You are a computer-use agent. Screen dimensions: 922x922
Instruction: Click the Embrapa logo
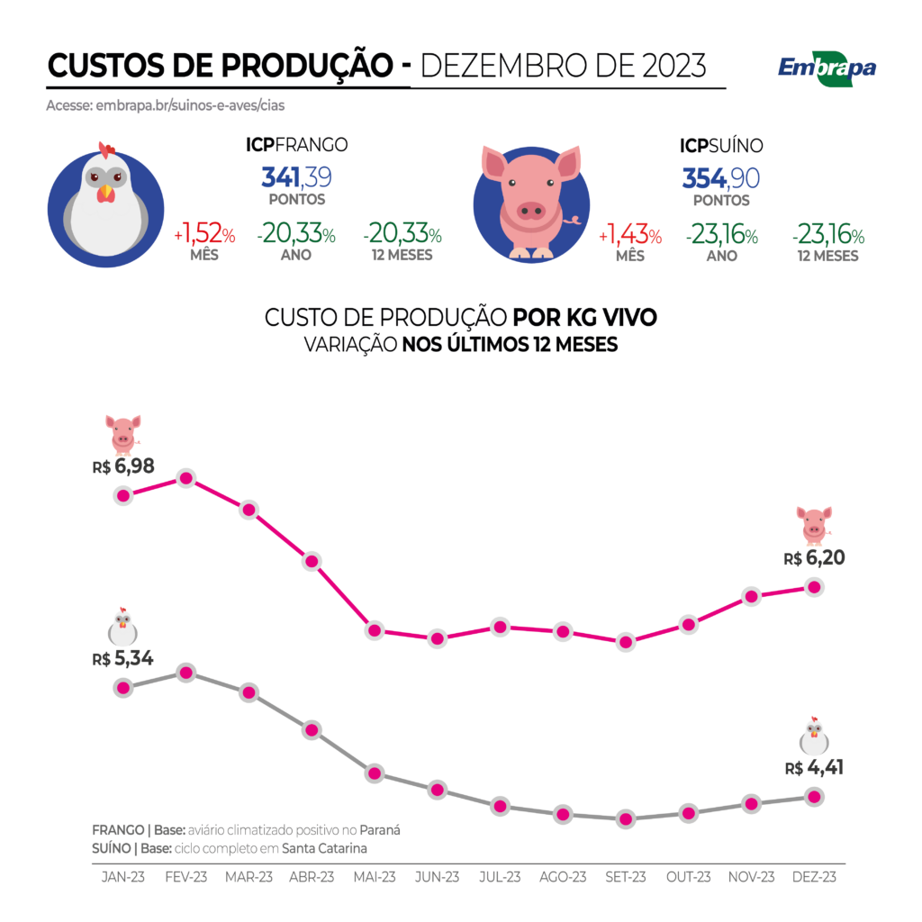click(826, 70)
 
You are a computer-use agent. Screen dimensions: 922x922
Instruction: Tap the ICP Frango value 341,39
click(296, 176)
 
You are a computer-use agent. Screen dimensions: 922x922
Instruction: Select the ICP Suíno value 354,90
click(720, 176)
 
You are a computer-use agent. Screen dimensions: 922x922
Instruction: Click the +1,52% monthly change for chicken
click(204, 236)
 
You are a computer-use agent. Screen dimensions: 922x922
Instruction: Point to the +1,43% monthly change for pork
click(630, 236)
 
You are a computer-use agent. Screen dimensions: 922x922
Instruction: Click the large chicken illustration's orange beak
click(107, 192)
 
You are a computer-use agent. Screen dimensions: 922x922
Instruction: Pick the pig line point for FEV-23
click(186, 478)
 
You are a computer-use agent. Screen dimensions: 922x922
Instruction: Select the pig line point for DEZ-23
click(814, 587)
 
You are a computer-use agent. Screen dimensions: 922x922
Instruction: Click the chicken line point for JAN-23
click(123, 687)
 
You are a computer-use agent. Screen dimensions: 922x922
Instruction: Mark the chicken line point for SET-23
click(625, 819)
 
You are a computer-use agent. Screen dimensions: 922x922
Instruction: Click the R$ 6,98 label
click(122, 466)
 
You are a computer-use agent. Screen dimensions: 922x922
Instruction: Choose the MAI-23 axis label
click(375, 876)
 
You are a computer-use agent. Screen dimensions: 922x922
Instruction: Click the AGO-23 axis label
click(563, 876)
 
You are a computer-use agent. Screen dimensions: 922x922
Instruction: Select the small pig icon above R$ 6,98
click(122, 433)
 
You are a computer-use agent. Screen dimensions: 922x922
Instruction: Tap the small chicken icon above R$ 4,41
click(814, 736)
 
